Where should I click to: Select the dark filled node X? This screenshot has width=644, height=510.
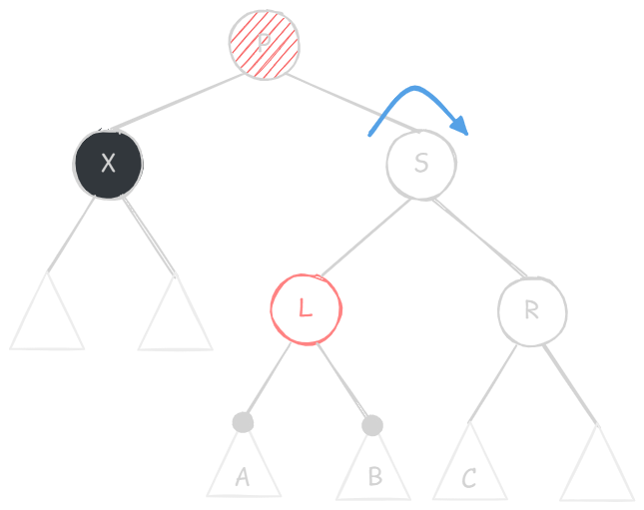[x=108, y=164]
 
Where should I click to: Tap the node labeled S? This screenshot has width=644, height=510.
[x=421, y=164]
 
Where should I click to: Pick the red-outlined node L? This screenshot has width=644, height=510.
[x=306, y=308]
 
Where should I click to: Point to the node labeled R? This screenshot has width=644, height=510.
[x=531, y=310]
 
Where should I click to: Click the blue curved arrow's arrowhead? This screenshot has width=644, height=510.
[x=461, y=127]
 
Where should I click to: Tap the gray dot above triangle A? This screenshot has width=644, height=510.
[x=243, y=423]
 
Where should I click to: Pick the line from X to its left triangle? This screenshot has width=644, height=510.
[x=75, y=234]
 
